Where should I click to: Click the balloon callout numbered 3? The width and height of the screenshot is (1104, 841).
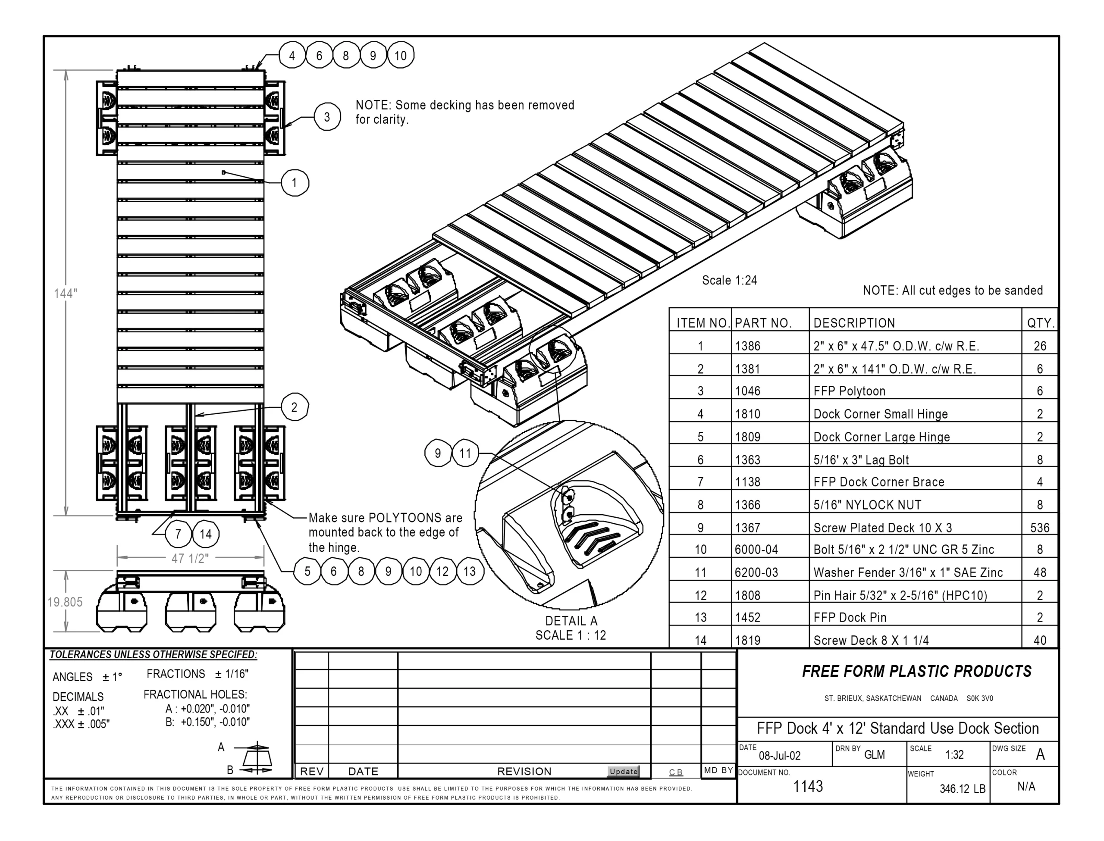(x=327, y=117)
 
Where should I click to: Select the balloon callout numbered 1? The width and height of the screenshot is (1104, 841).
(x=295, y=183)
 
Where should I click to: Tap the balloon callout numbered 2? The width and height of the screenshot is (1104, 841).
(x=295, y=407)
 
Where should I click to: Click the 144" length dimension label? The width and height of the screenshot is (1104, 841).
(x=66, y=294)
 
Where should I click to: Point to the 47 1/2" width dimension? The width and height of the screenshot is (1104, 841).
(x=190, y=558)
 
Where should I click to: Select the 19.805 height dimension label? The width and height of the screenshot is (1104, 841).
(x=65, y=602)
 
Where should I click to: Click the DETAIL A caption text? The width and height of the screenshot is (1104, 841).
(x=571, y=621)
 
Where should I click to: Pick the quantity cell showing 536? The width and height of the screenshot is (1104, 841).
(x=1039, y=528)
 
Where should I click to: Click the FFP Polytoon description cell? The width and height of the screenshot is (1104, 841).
(x=849, y=391)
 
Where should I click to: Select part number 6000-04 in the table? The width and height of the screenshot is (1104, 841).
(x=756, y=550)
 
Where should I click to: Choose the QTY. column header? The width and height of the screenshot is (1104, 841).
(x=1041, y=323)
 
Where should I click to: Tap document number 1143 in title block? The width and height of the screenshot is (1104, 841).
(x=808, y=786)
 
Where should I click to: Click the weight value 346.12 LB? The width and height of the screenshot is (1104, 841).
(x=962, y=789)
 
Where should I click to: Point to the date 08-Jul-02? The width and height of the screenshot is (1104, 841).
(x=780, y=755)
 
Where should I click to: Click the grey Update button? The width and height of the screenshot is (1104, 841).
(x=623, y=772)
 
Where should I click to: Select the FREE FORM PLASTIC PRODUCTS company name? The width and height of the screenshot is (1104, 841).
(x=916, y=671)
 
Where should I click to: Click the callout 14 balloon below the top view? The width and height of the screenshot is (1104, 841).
(x=206, y=534)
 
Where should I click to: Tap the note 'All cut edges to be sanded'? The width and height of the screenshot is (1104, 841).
(x=952, y=291)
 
